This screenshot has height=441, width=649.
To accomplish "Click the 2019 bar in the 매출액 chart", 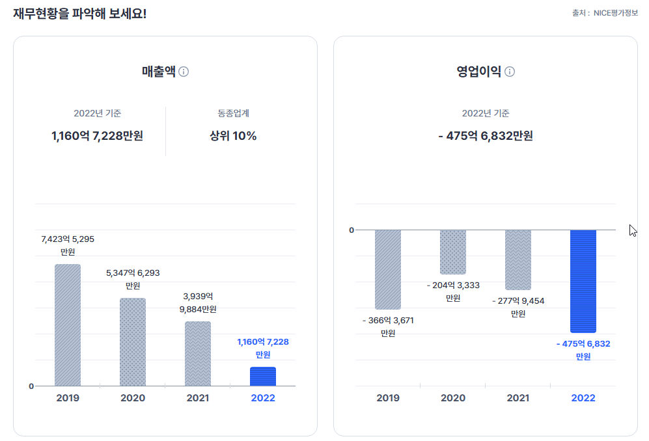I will pyautogui.click(x=68, y=325).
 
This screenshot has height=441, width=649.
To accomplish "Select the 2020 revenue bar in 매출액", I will pyautogui.click(x=133, y=341).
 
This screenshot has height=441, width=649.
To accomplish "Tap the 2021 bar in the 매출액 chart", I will pyautogui.click(x=198, y=353).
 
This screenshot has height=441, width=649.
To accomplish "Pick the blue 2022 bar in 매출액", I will pyautogui.click(x=263, y=376).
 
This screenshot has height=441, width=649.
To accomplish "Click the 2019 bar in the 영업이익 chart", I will pyautogui.click(x=388, y=269).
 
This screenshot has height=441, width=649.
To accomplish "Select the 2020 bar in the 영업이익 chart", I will pyautogui.click(x=453, y=252).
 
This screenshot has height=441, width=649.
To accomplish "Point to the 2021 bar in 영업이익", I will pyautogui.click(x=518, y=260).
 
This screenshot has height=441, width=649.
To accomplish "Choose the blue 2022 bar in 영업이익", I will pyautogui.click(x=583, y=281).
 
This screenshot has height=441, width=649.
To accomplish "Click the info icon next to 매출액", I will pyautogui.click(x=184, y=72).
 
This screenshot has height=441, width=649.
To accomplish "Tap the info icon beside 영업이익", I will pyautogui.click(x=510, y=72).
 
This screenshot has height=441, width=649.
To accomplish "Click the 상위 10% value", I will pyautogui.click(x=233, y=136).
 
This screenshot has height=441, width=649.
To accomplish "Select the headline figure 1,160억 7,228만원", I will pyautogui.click(x=97, y=136).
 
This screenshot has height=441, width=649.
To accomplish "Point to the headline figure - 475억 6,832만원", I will pyautogui.click(x=486, y=136).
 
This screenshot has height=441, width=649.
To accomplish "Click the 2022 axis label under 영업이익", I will pyautogui.click(x=583, y=397).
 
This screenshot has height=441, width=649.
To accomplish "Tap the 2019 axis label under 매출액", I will pyautogui.click(x=68, y=397).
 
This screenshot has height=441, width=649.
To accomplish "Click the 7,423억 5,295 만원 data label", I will pyautogui.click(x=68, y=245).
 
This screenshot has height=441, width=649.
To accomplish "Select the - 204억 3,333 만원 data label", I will pyautogui.click(x=453, y=291).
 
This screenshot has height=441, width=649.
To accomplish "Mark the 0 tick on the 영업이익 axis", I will pyautogui.click(x=352, y=230).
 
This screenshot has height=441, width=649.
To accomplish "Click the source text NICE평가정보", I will pyautogui.click(x=615, y=12).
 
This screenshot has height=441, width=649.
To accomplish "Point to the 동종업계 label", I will pyautogui.click(x=233, y=113).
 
